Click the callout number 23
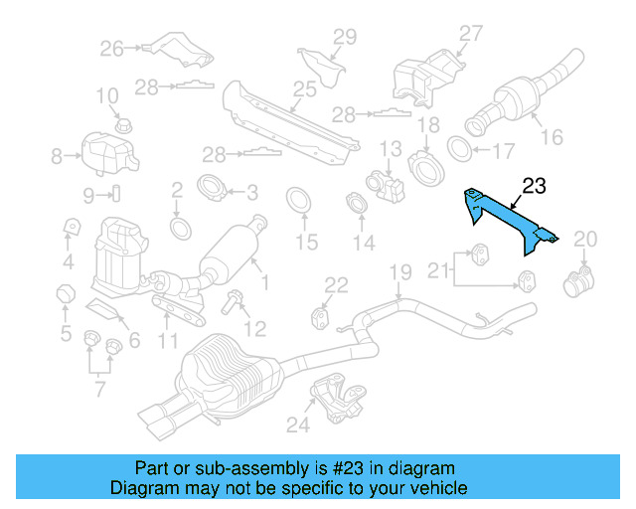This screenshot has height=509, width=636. [534, 186]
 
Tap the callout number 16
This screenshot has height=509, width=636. [552, 137]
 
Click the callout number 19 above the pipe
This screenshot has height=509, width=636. [398, 270]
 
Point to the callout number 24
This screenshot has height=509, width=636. [298, 426]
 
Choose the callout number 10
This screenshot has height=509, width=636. [106, 96]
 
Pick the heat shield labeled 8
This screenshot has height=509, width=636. [103, 153]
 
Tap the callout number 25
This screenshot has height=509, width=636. [304, 89]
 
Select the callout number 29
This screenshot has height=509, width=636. [344, 38]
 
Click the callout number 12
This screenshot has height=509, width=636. [255, 328]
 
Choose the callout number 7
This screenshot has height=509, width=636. [99, 388]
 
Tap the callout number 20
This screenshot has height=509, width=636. [586, 238]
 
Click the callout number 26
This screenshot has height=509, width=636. [111, 47]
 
